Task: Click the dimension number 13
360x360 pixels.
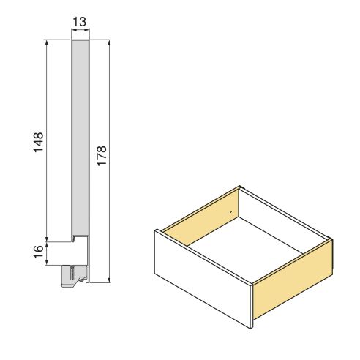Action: coord(80,22)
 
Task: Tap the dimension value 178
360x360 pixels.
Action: coord(102,158)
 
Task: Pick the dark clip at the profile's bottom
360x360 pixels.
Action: coord(72,275)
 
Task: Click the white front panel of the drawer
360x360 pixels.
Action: coord(202,278)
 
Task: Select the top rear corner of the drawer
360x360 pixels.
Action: coord(240,187)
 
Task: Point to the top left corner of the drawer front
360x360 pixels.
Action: coord(154,230)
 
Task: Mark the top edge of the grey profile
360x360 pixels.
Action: coord(80,41)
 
